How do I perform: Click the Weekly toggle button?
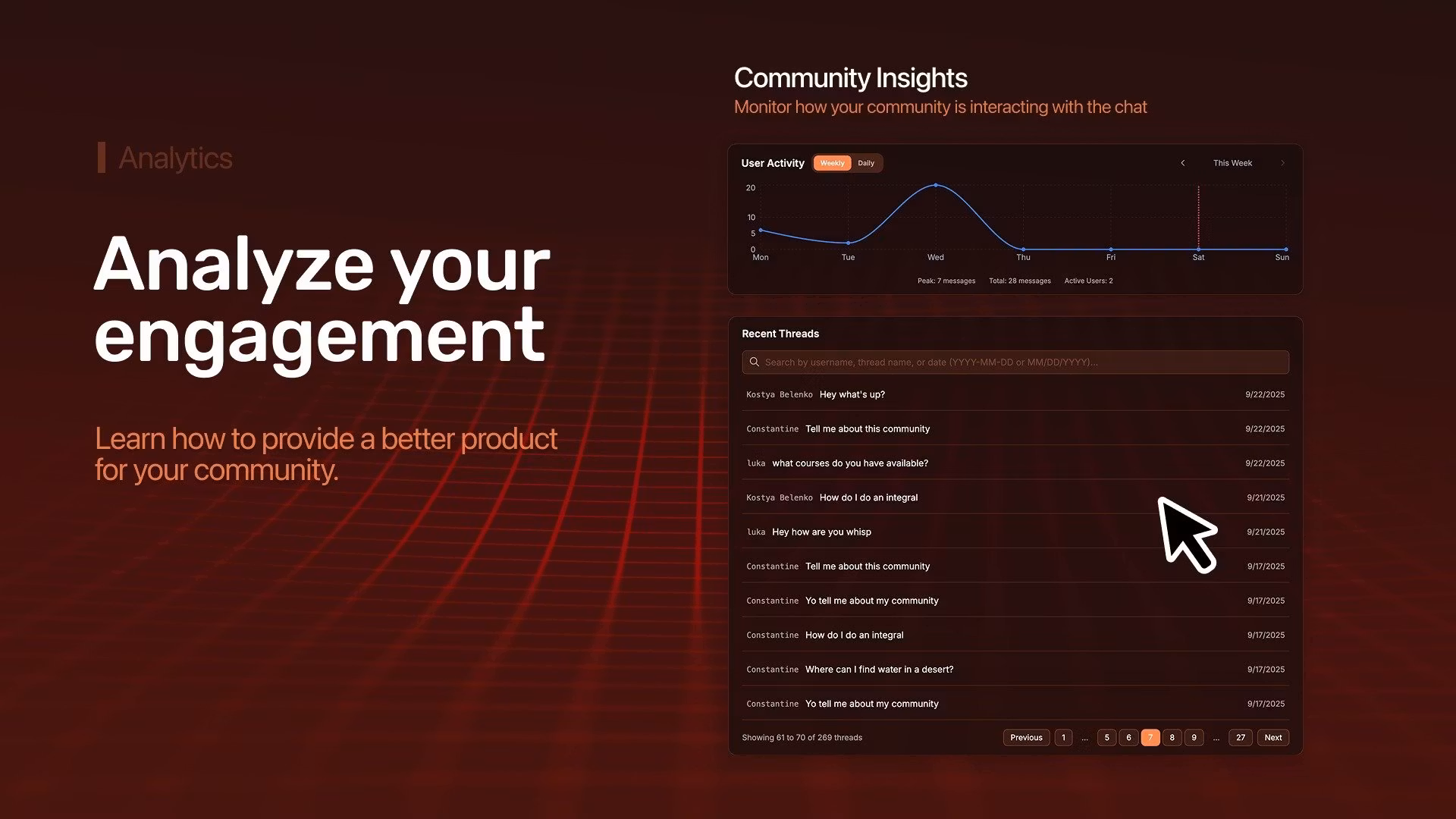832,163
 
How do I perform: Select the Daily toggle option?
866,163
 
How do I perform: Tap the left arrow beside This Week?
1182,163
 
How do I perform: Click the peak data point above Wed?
936,185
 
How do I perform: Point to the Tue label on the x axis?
848,257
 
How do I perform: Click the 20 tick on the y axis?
751,187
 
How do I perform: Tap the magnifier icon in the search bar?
754,362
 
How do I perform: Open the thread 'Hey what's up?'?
852,394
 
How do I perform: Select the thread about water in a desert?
880,670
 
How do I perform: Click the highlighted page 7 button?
1150,737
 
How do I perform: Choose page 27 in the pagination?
1241,737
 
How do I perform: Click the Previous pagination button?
1027,737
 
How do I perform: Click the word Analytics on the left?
176,158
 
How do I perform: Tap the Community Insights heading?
851,77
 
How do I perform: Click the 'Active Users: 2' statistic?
1088,281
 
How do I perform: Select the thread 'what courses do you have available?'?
850,463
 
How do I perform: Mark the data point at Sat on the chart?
1198,249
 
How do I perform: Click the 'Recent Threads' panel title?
780,334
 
